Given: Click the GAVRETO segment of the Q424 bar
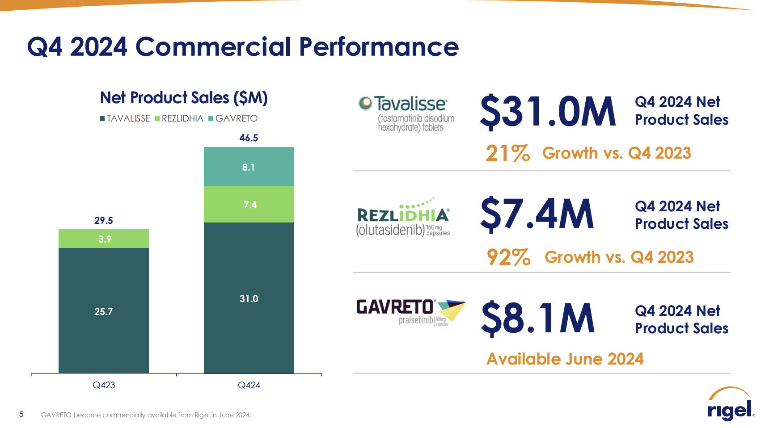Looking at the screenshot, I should point(249,167).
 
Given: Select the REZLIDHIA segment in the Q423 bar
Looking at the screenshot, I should point(104,239).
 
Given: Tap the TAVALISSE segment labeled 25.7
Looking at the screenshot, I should point(104,311).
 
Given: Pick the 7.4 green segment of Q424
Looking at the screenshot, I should point(249,205).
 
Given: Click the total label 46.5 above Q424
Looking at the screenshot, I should point(249,138).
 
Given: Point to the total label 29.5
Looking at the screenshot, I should point(104,221).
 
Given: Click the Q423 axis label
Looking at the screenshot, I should point(104,385).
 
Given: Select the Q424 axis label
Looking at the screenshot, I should point(249,385).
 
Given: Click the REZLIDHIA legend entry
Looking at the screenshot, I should point(179,118).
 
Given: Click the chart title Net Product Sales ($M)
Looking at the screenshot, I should point(184,98).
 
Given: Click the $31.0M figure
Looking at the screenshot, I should point(548,112).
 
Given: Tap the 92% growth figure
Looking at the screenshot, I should point(508,257).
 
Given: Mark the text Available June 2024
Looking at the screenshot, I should point(565,359).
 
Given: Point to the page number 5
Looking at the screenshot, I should point(21,414).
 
